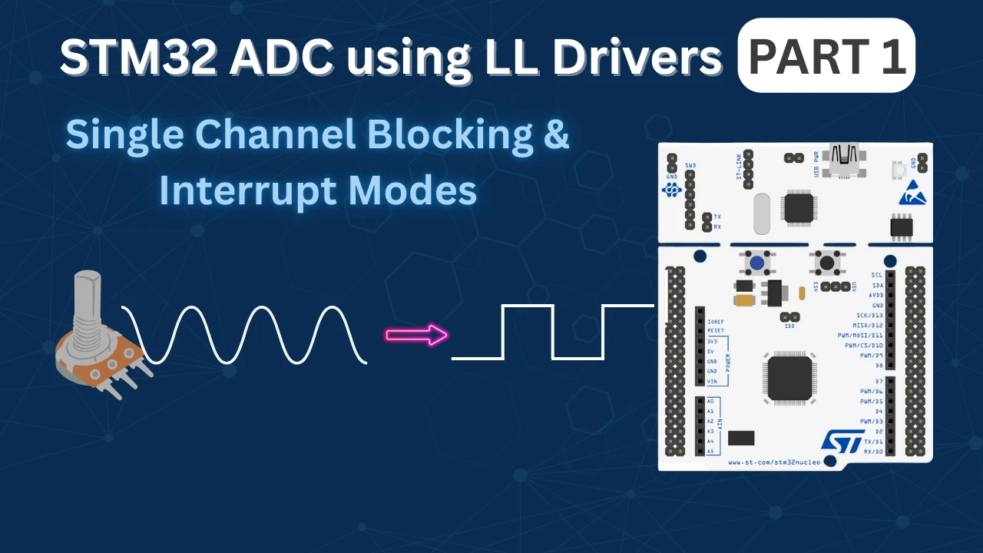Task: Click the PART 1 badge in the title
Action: [826, 55]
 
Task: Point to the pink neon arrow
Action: [416, 335]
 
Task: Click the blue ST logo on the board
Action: [842, 439]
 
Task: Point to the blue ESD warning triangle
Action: [912, 193]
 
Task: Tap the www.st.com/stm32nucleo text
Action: [773, 462]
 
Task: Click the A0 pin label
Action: [710, 402]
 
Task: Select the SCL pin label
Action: [877, 275]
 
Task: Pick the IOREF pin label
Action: [716, 320]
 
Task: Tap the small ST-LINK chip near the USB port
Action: [799, 207]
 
